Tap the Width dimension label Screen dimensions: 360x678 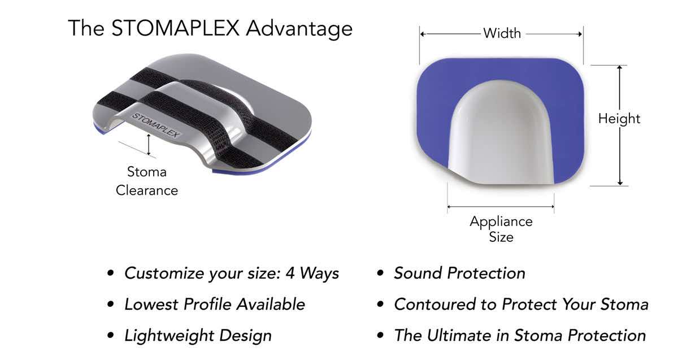(x=502, y=33)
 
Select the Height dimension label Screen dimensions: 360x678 (x=619, y=119)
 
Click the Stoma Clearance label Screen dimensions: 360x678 (x=147, y=181)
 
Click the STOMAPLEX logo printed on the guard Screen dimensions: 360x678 (x=155, y=125)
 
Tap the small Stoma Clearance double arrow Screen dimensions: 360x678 (x=149, y=145)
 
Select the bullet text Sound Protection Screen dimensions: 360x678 (x=459, y=274)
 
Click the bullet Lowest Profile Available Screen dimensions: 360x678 (x=215, y=305)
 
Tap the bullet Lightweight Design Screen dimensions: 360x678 (x=198, y=335)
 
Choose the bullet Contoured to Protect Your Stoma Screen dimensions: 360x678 (x=521, y=305)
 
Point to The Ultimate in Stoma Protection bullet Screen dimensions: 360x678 (x=520, y=335)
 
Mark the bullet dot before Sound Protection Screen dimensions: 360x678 (x=381, y=274)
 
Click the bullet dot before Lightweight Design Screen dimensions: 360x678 (x=111, y=336)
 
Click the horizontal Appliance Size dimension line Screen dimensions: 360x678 (x=501, y=207)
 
